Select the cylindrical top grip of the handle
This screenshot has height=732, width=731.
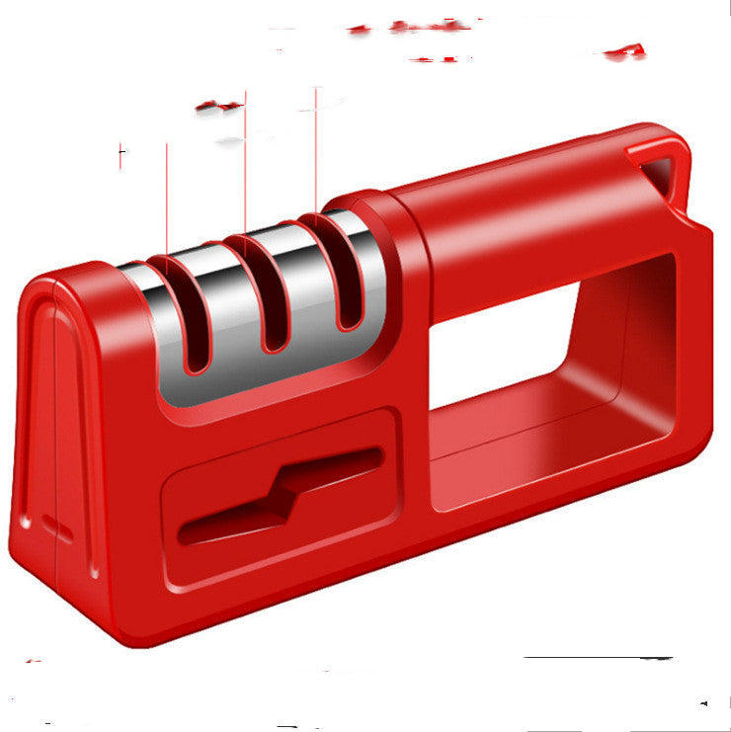pos(524,217)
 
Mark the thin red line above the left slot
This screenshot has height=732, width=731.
pos(166,198)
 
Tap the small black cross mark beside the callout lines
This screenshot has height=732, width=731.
pos(122,154)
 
